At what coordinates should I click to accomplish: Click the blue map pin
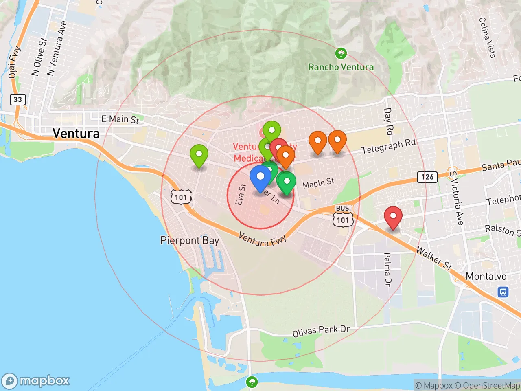point(260,178)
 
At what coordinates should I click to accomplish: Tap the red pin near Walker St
point(393,217)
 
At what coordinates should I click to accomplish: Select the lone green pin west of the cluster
point(199,156)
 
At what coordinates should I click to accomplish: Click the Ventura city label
point(76,133)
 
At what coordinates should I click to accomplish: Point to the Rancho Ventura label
point(341,67)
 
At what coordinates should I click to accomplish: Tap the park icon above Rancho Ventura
point(341,53)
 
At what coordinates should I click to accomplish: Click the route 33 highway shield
point(18,99)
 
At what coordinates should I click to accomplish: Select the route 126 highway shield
point(427,177)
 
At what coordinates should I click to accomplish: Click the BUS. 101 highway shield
point(343,216)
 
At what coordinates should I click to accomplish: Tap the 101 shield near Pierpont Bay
point(181,198)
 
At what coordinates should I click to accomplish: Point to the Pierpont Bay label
point(190,241)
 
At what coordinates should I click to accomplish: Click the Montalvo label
point(486,277)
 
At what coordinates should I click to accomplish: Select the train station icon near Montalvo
point(503,292)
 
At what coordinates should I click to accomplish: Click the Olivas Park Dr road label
point(321,331)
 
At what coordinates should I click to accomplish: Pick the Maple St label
point(318,183)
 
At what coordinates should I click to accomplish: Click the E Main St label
point(120,119)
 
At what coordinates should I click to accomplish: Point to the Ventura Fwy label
point(262,239)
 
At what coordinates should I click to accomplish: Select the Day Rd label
point(389,121)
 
